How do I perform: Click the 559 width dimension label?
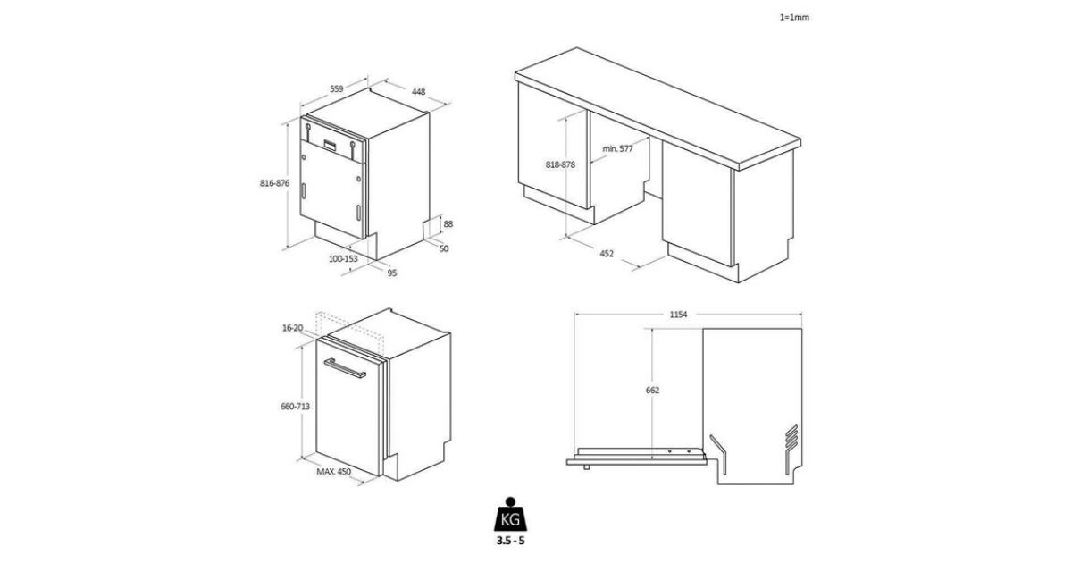tap(337, 88)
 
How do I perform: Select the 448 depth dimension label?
tap(418, 91)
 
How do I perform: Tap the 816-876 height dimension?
tap(275, 183)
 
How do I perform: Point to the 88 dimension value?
tap(448, 223)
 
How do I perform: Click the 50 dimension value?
tap(444, 248)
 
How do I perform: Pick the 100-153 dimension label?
tap(343, 258)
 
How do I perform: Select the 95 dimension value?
tap(392, 273)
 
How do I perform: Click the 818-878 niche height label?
tap(560, 164)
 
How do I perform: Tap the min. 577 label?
tap(617, 148)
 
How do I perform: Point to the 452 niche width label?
tap(607, 253)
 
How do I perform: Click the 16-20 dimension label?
tap(292, 328)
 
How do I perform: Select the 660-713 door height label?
tap(295, 406)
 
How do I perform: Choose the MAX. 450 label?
tap(333, 472)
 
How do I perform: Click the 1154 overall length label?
tap(678, 315)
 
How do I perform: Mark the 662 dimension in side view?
tap(652, 391)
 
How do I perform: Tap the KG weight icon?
tap(510, 514)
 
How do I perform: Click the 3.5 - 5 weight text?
tap(510, 541)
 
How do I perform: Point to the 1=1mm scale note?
tap(794, 17)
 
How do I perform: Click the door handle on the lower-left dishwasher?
tap(345, 368)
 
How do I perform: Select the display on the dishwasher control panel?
tap(331, 145)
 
